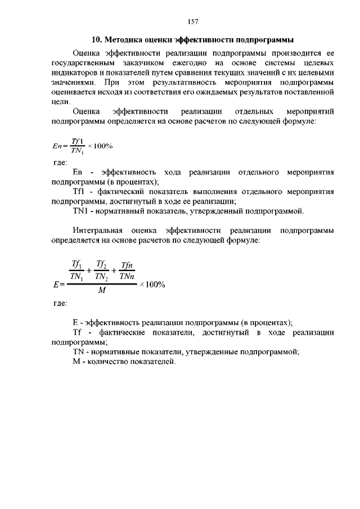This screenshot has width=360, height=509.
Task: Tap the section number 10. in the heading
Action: (96, 40)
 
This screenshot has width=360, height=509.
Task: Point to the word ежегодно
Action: (188, 63)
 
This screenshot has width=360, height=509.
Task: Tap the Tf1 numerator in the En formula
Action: (78, 141)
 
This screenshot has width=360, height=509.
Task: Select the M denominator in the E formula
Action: (102, 291)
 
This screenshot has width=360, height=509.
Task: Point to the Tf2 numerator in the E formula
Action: (102, 264)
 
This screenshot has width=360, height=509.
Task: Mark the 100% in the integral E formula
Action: (152, 284)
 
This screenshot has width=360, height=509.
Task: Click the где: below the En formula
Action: (60, 162)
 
